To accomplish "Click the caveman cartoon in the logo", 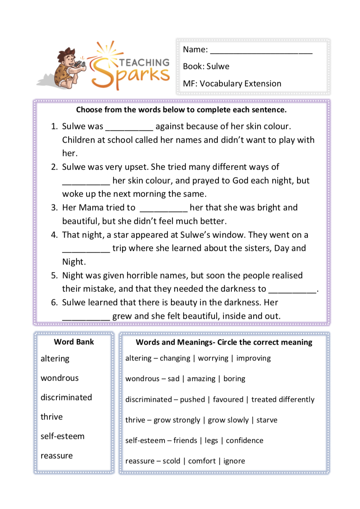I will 69,68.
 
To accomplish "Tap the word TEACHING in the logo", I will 144,63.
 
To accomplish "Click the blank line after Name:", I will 261,50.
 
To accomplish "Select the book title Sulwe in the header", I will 218,67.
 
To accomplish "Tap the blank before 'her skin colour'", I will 86,182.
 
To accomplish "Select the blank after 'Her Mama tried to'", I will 163,208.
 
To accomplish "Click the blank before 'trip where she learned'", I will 86,249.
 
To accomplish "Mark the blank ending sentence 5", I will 292,290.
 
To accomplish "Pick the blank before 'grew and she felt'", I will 86,317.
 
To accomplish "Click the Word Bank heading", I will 74,342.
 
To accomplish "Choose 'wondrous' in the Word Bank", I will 60,378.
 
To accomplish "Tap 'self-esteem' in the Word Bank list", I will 63,436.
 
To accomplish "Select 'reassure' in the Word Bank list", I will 57,456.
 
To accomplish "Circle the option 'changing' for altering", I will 175,358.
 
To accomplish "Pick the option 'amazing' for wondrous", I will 201,379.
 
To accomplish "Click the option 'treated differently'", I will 283,400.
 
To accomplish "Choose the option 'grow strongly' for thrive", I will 177,420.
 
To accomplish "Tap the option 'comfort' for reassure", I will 202,461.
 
